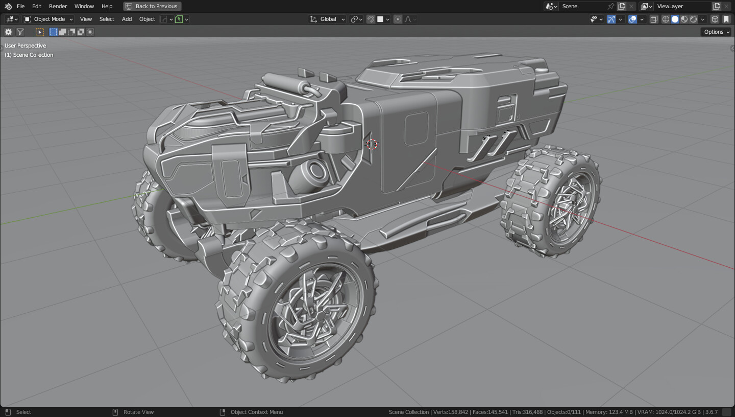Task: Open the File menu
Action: [20, 6]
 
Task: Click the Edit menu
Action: [37, 6]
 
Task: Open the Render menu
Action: [58, 6]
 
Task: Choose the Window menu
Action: [84, 6]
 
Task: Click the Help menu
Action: [107, 6]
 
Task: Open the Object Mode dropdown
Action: [49, 19]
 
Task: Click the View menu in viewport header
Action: [86, 19]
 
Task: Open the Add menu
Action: [127, 19]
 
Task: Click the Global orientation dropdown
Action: [328, 19]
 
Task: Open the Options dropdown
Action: [716, 32]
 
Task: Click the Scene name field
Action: [582, 6]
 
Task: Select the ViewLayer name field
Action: [681, 6]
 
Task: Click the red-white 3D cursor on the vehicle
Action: [372, 144]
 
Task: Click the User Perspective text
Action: [25, 45]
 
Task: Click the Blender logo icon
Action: [8, 6]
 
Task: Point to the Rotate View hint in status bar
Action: [138, 412]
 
